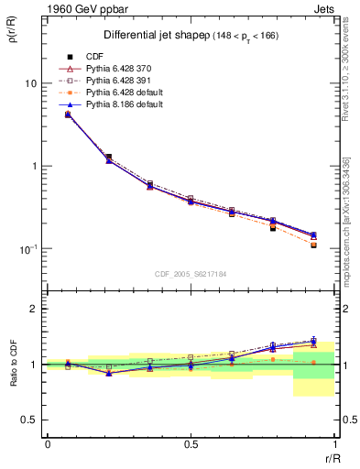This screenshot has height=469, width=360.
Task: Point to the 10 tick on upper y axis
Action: [30, 83]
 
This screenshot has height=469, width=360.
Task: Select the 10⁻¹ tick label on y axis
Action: [27, 249]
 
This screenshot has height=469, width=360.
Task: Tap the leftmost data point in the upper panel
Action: [68, 115]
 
